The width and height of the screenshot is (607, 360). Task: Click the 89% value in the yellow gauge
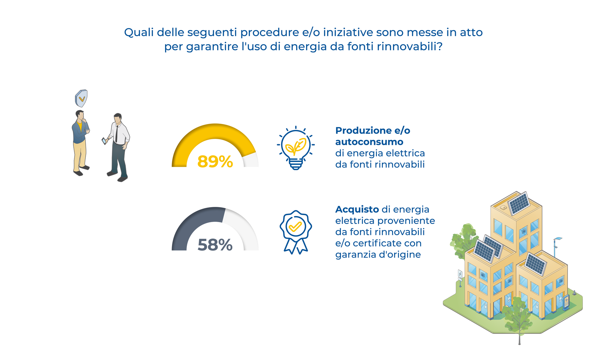[x=215, y=162]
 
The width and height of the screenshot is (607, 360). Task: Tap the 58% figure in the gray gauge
[x=215, y=245]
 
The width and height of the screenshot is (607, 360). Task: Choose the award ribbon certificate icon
[x=296, y=232]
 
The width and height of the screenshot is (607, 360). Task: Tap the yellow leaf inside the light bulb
[x=296, y=146]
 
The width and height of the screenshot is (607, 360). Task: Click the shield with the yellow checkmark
[x=81, y=98]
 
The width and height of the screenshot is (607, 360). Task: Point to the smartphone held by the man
[x=104, y=141]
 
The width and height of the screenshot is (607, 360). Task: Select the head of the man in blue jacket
[x=80, y=115]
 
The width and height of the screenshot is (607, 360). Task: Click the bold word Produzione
[x=364, y=131]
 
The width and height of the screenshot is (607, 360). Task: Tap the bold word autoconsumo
[x=369, y=142]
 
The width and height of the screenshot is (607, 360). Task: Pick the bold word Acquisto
[x=357, y=209]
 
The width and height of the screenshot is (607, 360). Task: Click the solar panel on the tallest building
[x=519, y=203]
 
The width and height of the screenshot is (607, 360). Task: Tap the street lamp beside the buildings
[x=555, y=247]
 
